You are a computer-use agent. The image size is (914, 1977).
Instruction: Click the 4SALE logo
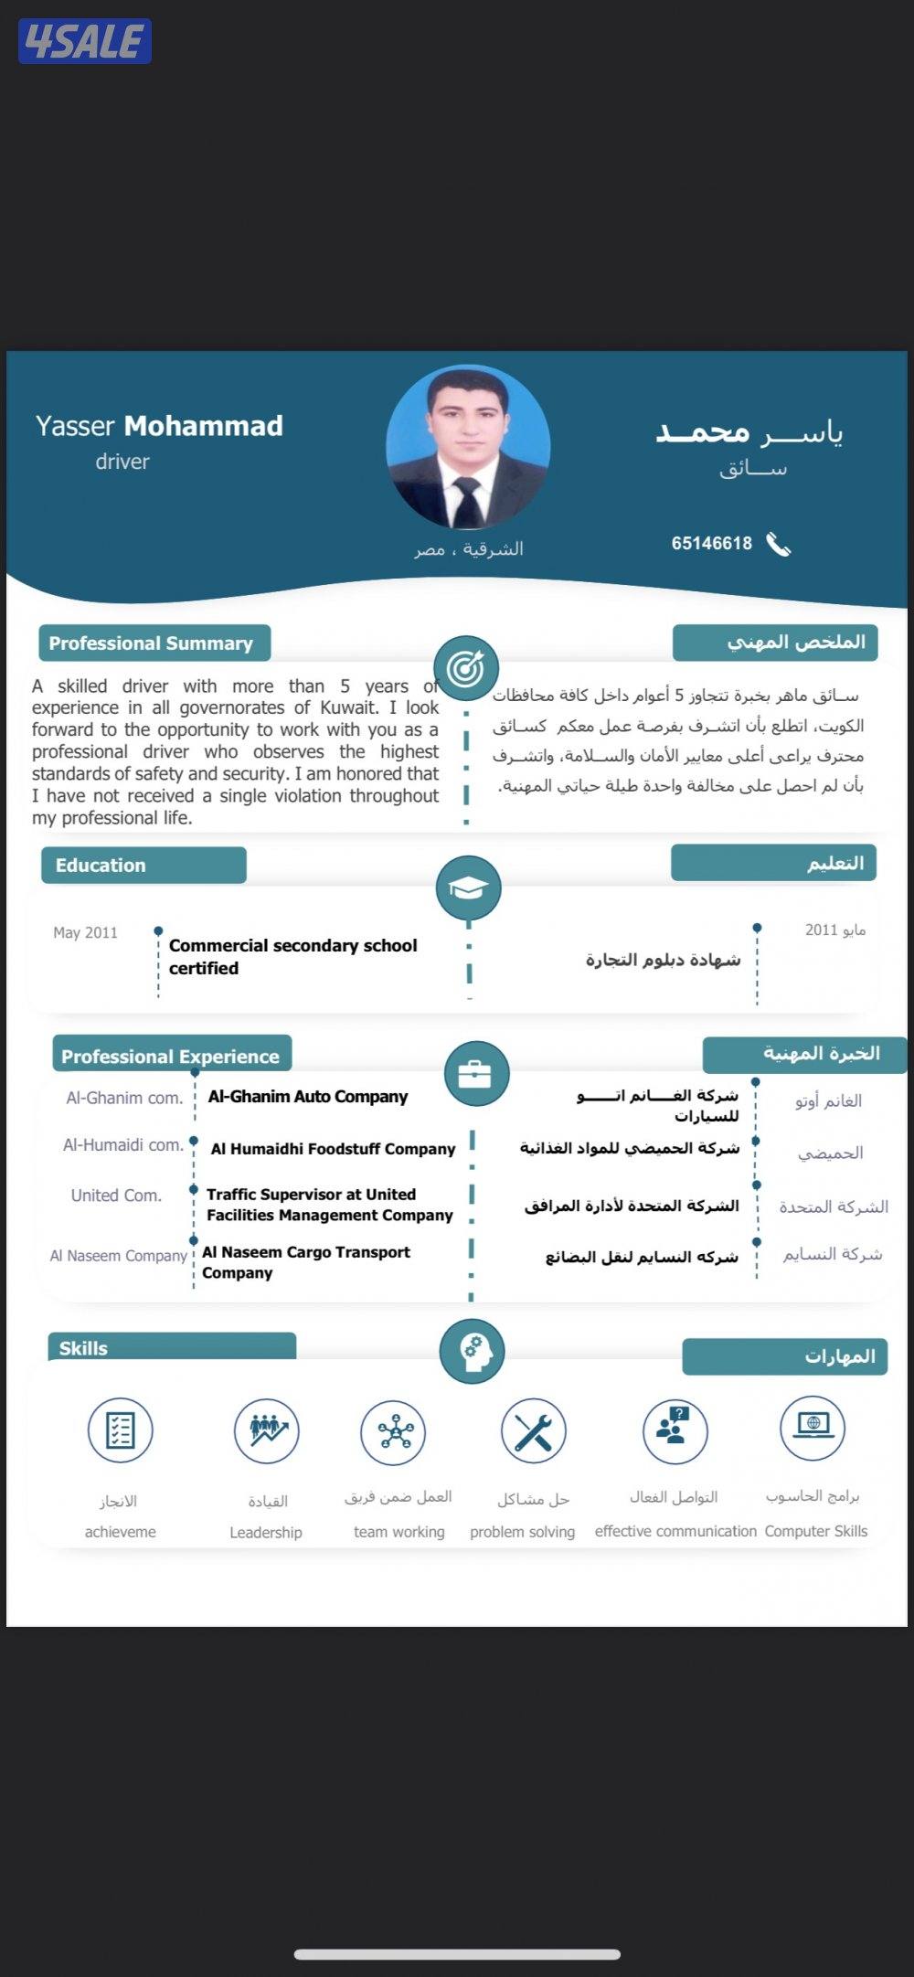pos(84,41)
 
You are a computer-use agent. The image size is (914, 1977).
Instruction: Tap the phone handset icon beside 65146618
pos(778,545)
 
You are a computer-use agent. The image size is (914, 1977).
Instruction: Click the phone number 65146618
pos(711,544)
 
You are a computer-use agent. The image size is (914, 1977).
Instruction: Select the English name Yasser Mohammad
pos(159,426)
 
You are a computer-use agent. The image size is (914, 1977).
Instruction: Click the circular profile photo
pos(468,448)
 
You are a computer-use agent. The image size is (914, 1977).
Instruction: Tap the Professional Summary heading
pos(152,643)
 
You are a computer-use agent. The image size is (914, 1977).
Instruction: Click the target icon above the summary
pos(466,668)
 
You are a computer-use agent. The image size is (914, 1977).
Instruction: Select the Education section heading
pos(101,866)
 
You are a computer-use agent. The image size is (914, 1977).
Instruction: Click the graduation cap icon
pos(468,888)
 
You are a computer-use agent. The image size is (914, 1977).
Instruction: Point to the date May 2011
pos(85,932)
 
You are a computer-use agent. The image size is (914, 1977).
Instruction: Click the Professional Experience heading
pos(170,1057)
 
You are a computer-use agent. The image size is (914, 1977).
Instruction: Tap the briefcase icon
pos(475,1074)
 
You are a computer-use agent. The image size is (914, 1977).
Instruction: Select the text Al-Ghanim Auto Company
pos(307,1097)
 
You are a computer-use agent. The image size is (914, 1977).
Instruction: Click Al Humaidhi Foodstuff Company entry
pos(333,1149)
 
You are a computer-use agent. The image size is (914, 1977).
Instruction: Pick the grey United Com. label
pos(116,1196)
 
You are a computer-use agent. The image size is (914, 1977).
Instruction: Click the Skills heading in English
pos(83,1348)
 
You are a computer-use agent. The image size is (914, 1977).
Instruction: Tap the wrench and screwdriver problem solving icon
pos(533,1431)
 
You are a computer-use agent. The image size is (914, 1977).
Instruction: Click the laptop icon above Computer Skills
pos(813,1428)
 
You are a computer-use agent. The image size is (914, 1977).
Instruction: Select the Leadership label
pos(266,1533)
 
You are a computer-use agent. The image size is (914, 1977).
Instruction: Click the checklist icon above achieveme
pos(120,1430)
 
